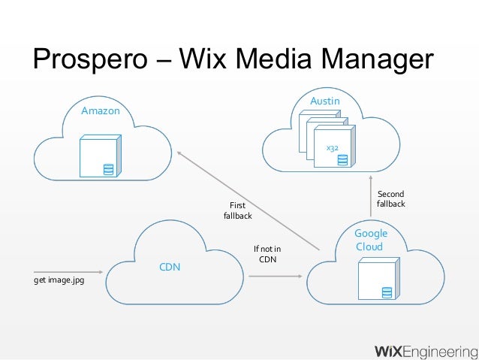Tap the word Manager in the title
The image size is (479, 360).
373,60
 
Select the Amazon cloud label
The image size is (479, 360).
101,111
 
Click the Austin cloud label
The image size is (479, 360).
325,101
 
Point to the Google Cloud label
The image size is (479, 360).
370,241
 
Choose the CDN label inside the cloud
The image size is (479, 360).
170,267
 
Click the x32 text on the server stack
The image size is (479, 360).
330,148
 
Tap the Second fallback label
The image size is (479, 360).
390,199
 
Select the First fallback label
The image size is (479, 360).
237,210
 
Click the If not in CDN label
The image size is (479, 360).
267,254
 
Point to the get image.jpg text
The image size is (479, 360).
59,280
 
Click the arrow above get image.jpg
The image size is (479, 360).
68,271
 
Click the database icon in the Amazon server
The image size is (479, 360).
108,168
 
